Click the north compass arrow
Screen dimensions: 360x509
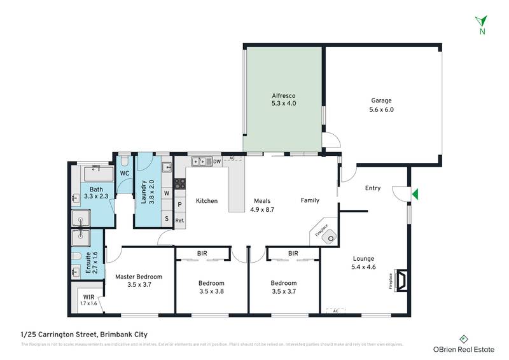tap(483, 20)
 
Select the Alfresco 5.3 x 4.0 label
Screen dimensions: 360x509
tap(283, 100)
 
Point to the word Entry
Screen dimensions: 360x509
tap(373, 188)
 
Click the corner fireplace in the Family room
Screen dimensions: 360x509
tap(328, 238)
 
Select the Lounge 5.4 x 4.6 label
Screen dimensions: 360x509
tap(364, 263)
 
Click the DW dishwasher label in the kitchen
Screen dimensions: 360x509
tap(217, 162)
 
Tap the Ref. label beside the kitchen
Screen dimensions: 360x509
tap(180, 221)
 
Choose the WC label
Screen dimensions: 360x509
tap(125, 173)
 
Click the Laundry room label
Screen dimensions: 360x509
tap(143, 195)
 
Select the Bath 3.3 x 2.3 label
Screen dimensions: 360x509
tap(96, 193)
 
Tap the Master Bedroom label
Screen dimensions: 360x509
tap(139, 280)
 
